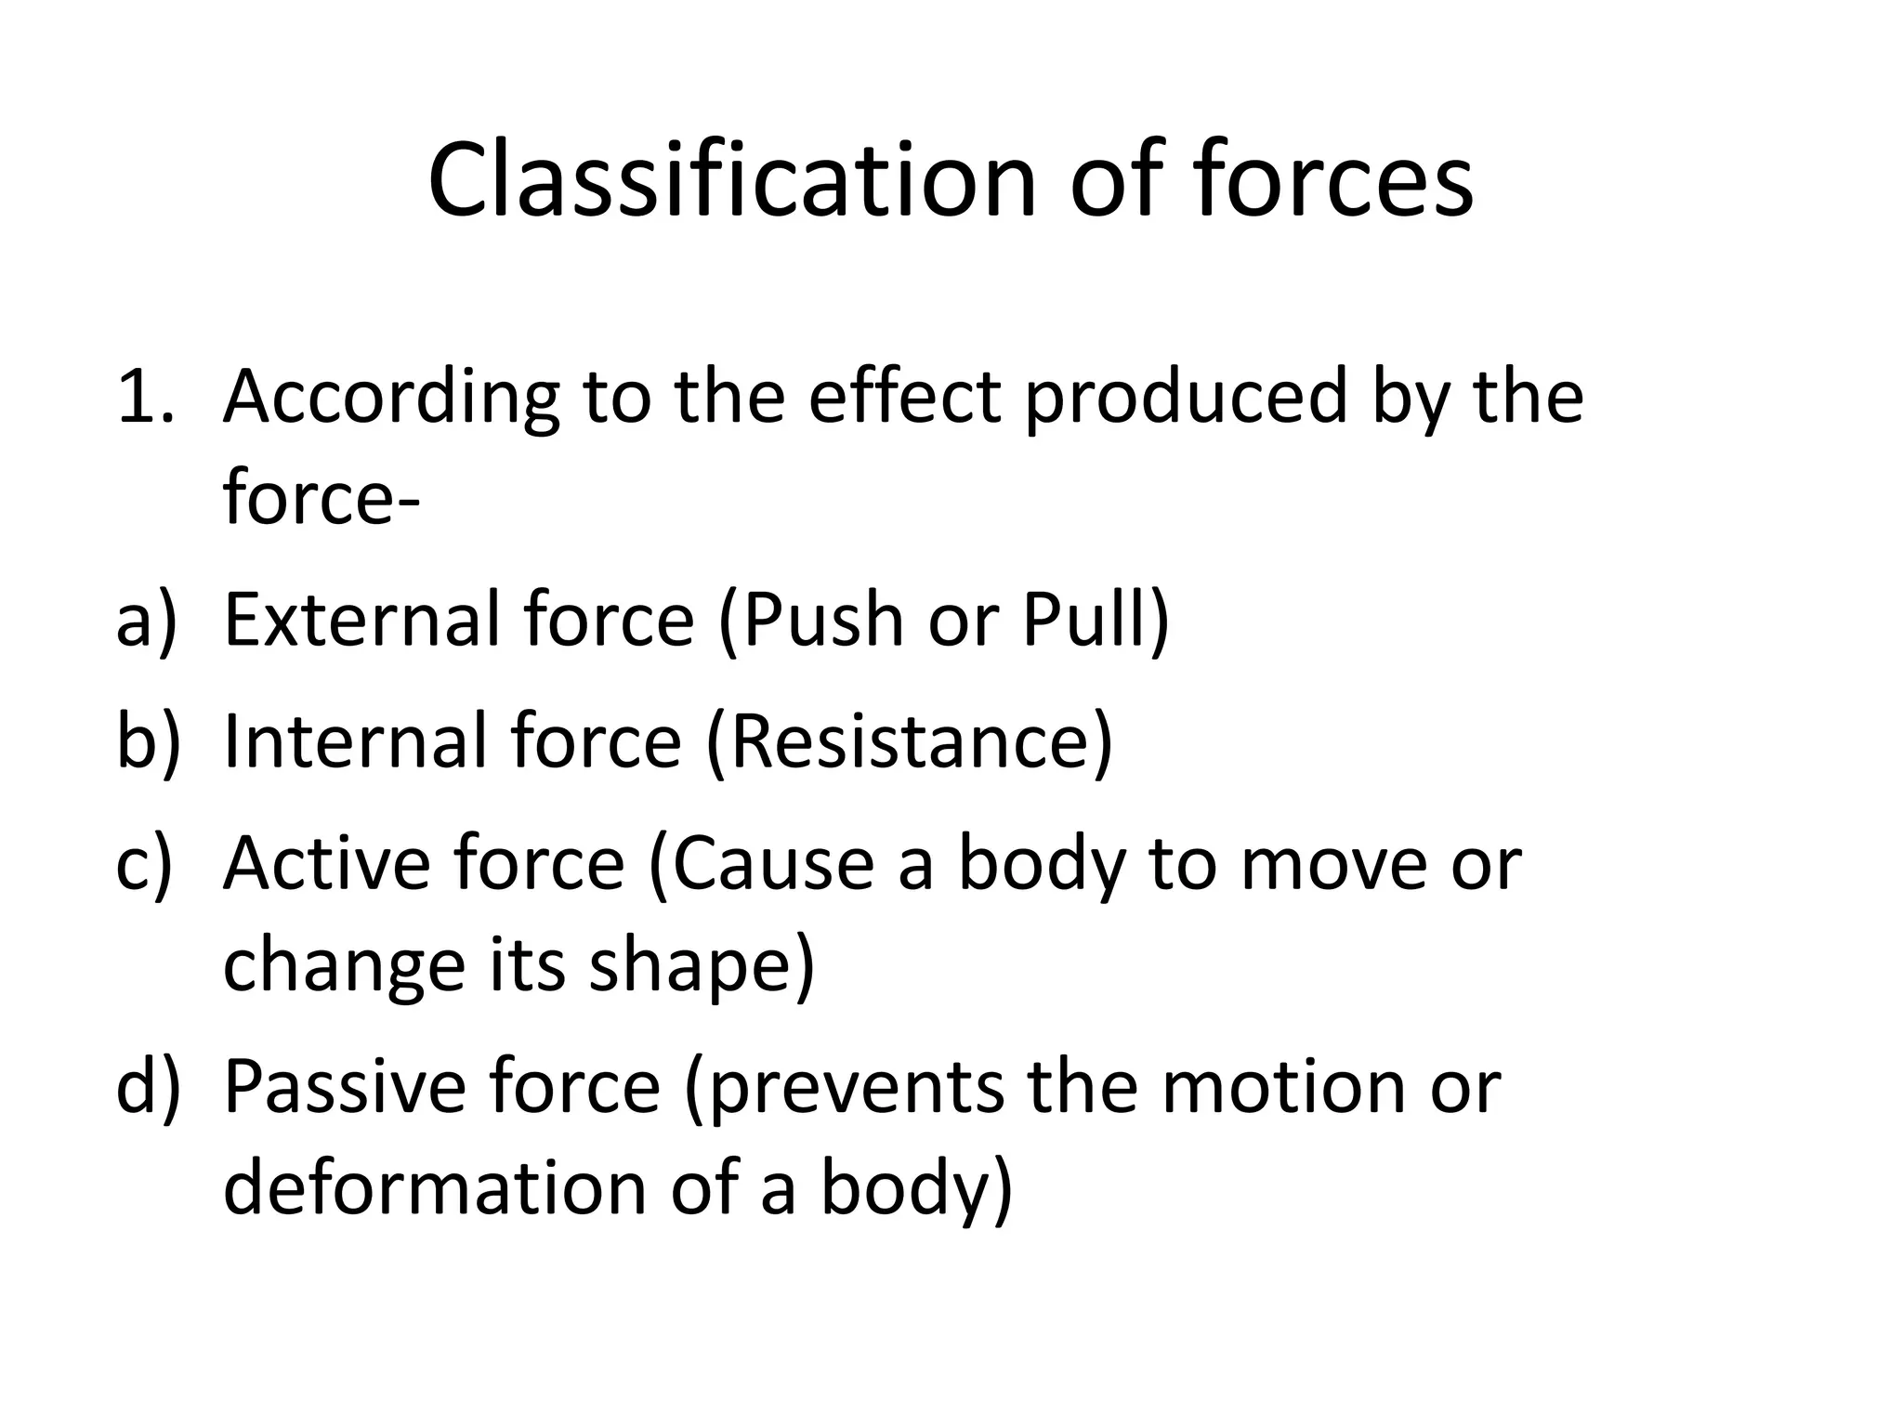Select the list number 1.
144,398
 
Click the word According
390,398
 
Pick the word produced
1186,398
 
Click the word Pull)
1096,621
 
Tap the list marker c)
144,864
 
